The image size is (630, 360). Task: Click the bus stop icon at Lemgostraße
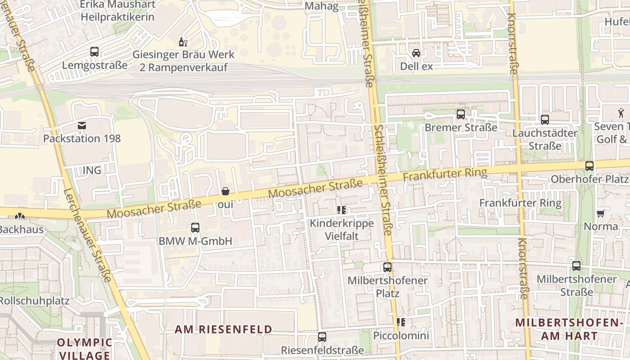[94, 52]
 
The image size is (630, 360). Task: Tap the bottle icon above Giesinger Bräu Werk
[183, 42]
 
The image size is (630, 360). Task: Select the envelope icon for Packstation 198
[82, 126]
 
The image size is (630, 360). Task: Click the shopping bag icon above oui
[225, 192]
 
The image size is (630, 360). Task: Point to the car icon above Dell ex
[416, 53]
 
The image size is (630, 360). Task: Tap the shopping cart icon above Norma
[600, 213]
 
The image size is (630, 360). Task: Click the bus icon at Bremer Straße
[461, 114]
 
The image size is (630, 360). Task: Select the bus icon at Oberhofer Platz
[589, 166]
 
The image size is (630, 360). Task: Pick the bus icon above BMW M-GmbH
[195, 228]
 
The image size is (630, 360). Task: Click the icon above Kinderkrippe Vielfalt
[341, 210]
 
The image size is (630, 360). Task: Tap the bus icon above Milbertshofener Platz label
[387, 267]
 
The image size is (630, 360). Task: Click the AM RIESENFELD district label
[224, 329]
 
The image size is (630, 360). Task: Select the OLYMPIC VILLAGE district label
[84, 349]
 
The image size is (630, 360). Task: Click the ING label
[92, 170]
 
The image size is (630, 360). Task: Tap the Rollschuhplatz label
[34, 301]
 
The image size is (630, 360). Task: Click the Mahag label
[321, 6]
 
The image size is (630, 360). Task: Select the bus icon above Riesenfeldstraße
[322, 337]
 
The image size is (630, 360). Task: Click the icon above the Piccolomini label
[401, 322]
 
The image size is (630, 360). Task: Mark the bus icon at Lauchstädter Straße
[545, 120]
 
